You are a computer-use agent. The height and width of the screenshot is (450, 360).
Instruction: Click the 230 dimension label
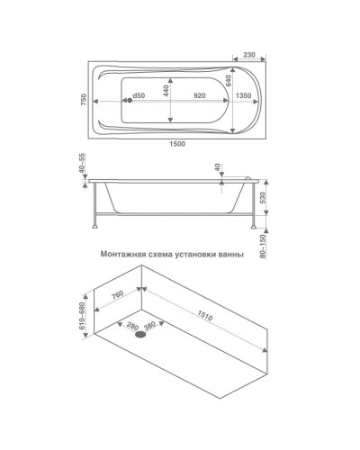coord(249,55)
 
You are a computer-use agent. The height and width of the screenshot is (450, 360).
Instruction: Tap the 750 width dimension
coord(84,99)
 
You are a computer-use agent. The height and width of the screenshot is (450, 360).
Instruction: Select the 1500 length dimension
coord(177,144)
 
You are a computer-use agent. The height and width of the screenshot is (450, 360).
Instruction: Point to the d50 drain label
coord(139,95)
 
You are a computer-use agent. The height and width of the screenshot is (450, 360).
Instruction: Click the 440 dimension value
coord(166,90)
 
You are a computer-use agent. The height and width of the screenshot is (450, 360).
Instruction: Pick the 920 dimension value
coord(200,95)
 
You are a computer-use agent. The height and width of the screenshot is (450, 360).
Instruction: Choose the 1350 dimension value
coord(243,95)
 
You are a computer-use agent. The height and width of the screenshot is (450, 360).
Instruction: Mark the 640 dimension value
coord(228,81)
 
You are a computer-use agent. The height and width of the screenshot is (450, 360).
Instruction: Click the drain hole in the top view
coord(130,101)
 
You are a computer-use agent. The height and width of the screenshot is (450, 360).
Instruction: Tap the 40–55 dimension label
coord(83,164)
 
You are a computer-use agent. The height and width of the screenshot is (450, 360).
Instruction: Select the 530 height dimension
coord(263,198)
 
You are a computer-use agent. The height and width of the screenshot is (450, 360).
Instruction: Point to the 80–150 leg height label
coord(263,246)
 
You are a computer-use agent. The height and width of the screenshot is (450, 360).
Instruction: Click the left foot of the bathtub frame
coord(95,227)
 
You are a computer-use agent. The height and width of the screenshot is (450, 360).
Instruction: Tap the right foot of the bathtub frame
coord(254,227)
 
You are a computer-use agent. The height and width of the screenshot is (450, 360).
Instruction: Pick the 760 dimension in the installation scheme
coord(118,295)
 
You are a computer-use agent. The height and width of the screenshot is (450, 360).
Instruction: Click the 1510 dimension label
coord(205,315)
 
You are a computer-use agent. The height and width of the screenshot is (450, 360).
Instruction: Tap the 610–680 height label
coord(82,316)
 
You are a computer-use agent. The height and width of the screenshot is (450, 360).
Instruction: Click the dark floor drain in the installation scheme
coord(140,335)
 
